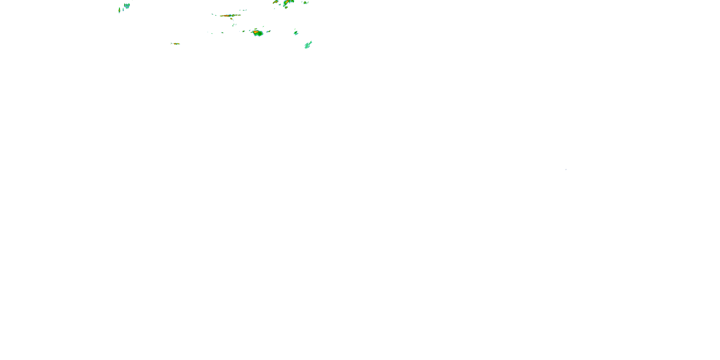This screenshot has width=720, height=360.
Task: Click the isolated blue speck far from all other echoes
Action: (x=566, y=169)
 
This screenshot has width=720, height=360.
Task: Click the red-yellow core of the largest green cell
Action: (x=255, y=32)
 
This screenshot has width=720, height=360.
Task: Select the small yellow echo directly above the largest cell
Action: (x=255, y=29)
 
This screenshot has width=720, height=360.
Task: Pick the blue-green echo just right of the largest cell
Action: (x=268, y=31)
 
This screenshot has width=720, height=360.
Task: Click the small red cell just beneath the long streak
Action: (x=231, y=19)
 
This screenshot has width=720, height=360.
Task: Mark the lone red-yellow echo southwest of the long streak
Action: (x=175, y=44)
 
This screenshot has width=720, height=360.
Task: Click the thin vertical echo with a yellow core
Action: (x=119, y=10)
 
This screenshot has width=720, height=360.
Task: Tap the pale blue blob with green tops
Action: (x=127, y=6)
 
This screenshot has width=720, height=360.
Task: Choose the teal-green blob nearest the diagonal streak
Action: (x=296, y=33)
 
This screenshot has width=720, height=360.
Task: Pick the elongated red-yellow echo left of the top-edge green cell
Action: (x=276, y=2)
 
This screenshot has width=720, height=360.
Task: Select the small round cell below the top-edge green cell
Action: (x=286, y=7)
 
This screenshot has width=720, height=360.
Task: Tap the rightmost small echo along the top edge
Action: (x=306, y=2)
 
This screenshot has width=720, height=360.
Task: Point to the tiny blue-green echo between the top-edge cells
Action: (x=280, y=5)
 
